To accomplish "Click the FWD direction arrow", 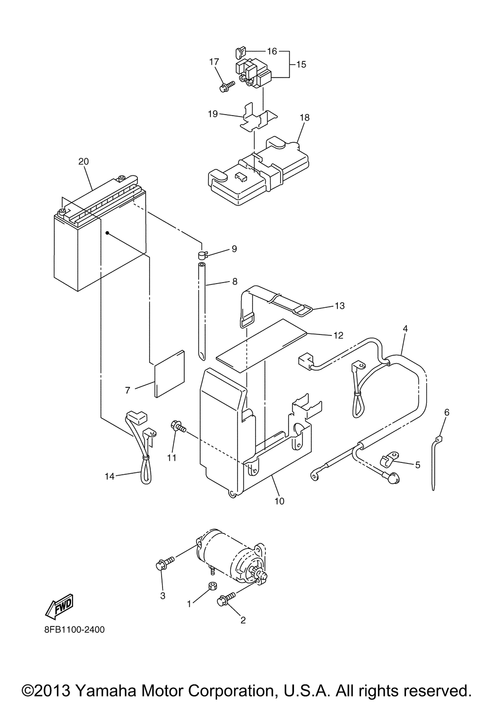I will [x=59, y=606].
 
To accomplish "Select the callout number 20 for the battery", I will [x=83, y=162].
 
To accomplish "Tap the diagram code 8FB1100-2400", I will [x=74, y=630].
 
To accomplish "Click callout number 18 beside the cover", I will [x=304, y=118].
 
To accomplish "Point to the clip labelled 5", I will [x=386, y=461].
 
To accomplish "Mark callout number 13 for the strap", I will [x=339, y=306].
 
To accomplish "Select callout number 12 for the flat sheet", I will [x=338, y=335].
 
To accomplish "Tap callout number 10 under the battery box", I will [x=279, y=501].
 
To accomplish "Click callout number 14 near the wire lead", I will [x=110, y=476].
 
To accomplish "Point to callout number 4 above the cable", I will [x=405, y=328].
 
